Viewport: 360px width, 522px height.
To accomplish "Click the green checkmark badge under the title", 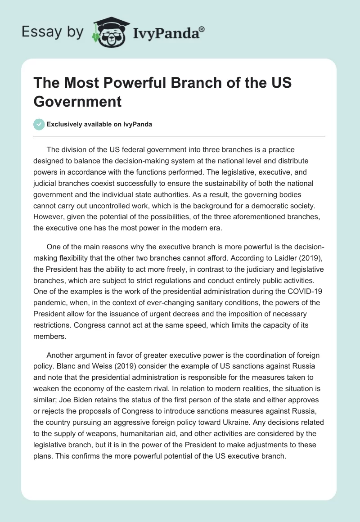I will (x=40, y=125).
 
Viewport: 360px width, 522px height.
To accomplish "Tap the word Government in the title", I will (x=77, y=101).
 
